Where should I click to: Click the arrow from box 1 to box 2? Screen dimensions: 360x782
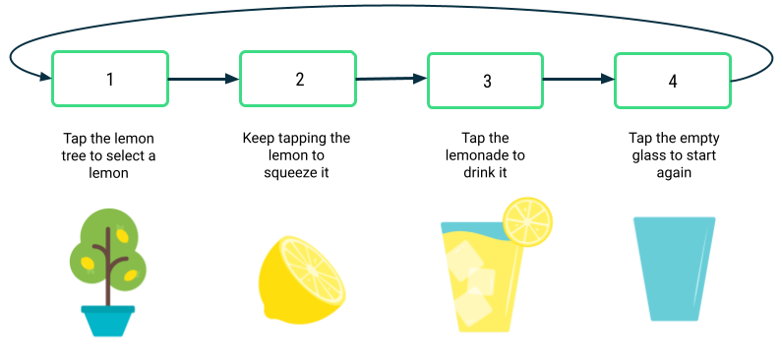coord(204,79)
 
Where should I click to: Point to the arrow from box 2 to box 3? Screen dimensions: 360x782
coord(391,79)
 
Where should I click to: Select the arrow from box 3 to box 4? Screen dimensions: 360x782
coord(578,80)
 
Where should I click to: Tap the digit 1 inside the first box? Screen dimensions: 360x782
coord(110,79)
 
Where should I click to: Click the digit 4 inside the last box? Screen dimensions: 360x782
coord(673,81)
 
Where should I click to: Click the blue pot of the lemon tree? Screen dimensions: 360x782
coord(107,320)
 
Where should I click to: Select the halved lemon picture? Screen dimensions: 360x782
coord(301,279)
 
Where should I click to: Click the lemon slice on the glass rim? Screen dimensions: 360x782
coord(528,220)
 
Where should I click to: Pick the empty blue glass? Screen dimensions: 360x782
coord(675,268)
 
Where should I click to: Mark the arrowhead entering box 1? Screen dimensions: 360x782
coord(45,77)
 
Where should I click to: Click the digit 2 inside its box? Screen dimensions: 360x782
coord(300,79)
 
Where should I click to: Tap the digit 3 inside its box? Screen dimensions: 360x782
coord(487,81)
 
